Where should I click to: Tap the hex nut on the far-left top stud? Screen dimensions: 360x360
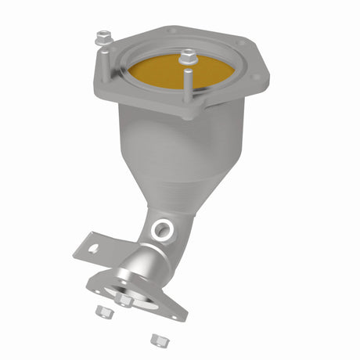102,37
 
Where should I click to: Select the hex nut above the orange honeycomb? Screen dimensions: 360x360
187,56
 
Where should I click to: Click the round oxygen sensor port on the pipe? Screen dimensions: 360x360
162,229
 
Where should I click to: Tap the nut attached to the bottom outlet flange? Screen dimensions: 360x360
124,299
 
